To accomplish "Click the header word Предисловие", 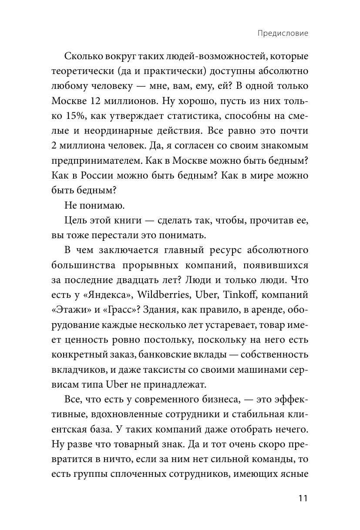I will [x=282, y=34].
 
